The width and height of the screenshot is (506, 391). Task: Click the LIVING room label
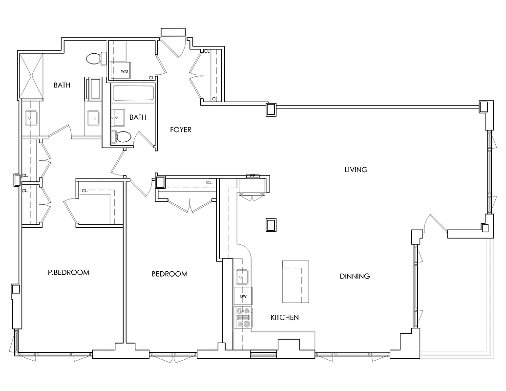pyautogui.click(x=356, y=170)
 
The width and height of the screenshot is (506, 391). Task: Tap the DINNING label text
pyautogui.click(x=355, y=276)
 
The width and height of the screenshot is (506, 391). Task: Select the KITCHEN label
pyautogui.click(x=285, y=318)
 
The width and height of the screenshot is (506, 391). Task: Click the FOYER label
pyautogui.click(x=180, y=130)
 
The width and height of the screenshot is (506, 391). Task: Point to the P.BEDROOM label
pyautogui.click(x=68, y=272)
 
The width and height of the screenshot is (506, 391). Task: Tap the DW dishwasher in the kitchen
pyautogui.click(x=243, y=296)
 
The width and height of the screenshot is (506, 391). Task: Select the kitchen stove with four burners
pyautogui.click(x=243, y=317)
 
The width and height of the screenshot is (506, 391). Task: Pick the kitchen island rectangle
pyautogui.click(x=295, y=282)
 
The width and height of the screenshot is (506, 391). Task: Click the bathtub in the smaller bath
pyautogui.click(x=133, y=93)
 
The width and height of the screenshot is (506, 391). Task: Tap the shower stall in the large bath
pyautogui.click(x=31, y=75)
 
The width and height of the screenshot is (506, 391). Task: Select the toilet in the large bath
pyautogui.click(x=95, y=59)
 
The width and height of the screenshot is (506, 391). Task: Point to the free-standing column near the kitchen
pyautogui.click(x=271, y=225)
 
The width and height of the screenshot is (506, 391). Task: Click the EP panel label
pyautogui.click(x=253, y=176)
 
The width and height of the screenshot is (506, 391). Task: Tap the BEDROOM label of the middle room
pyautogui.click(x=169, y=274)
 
